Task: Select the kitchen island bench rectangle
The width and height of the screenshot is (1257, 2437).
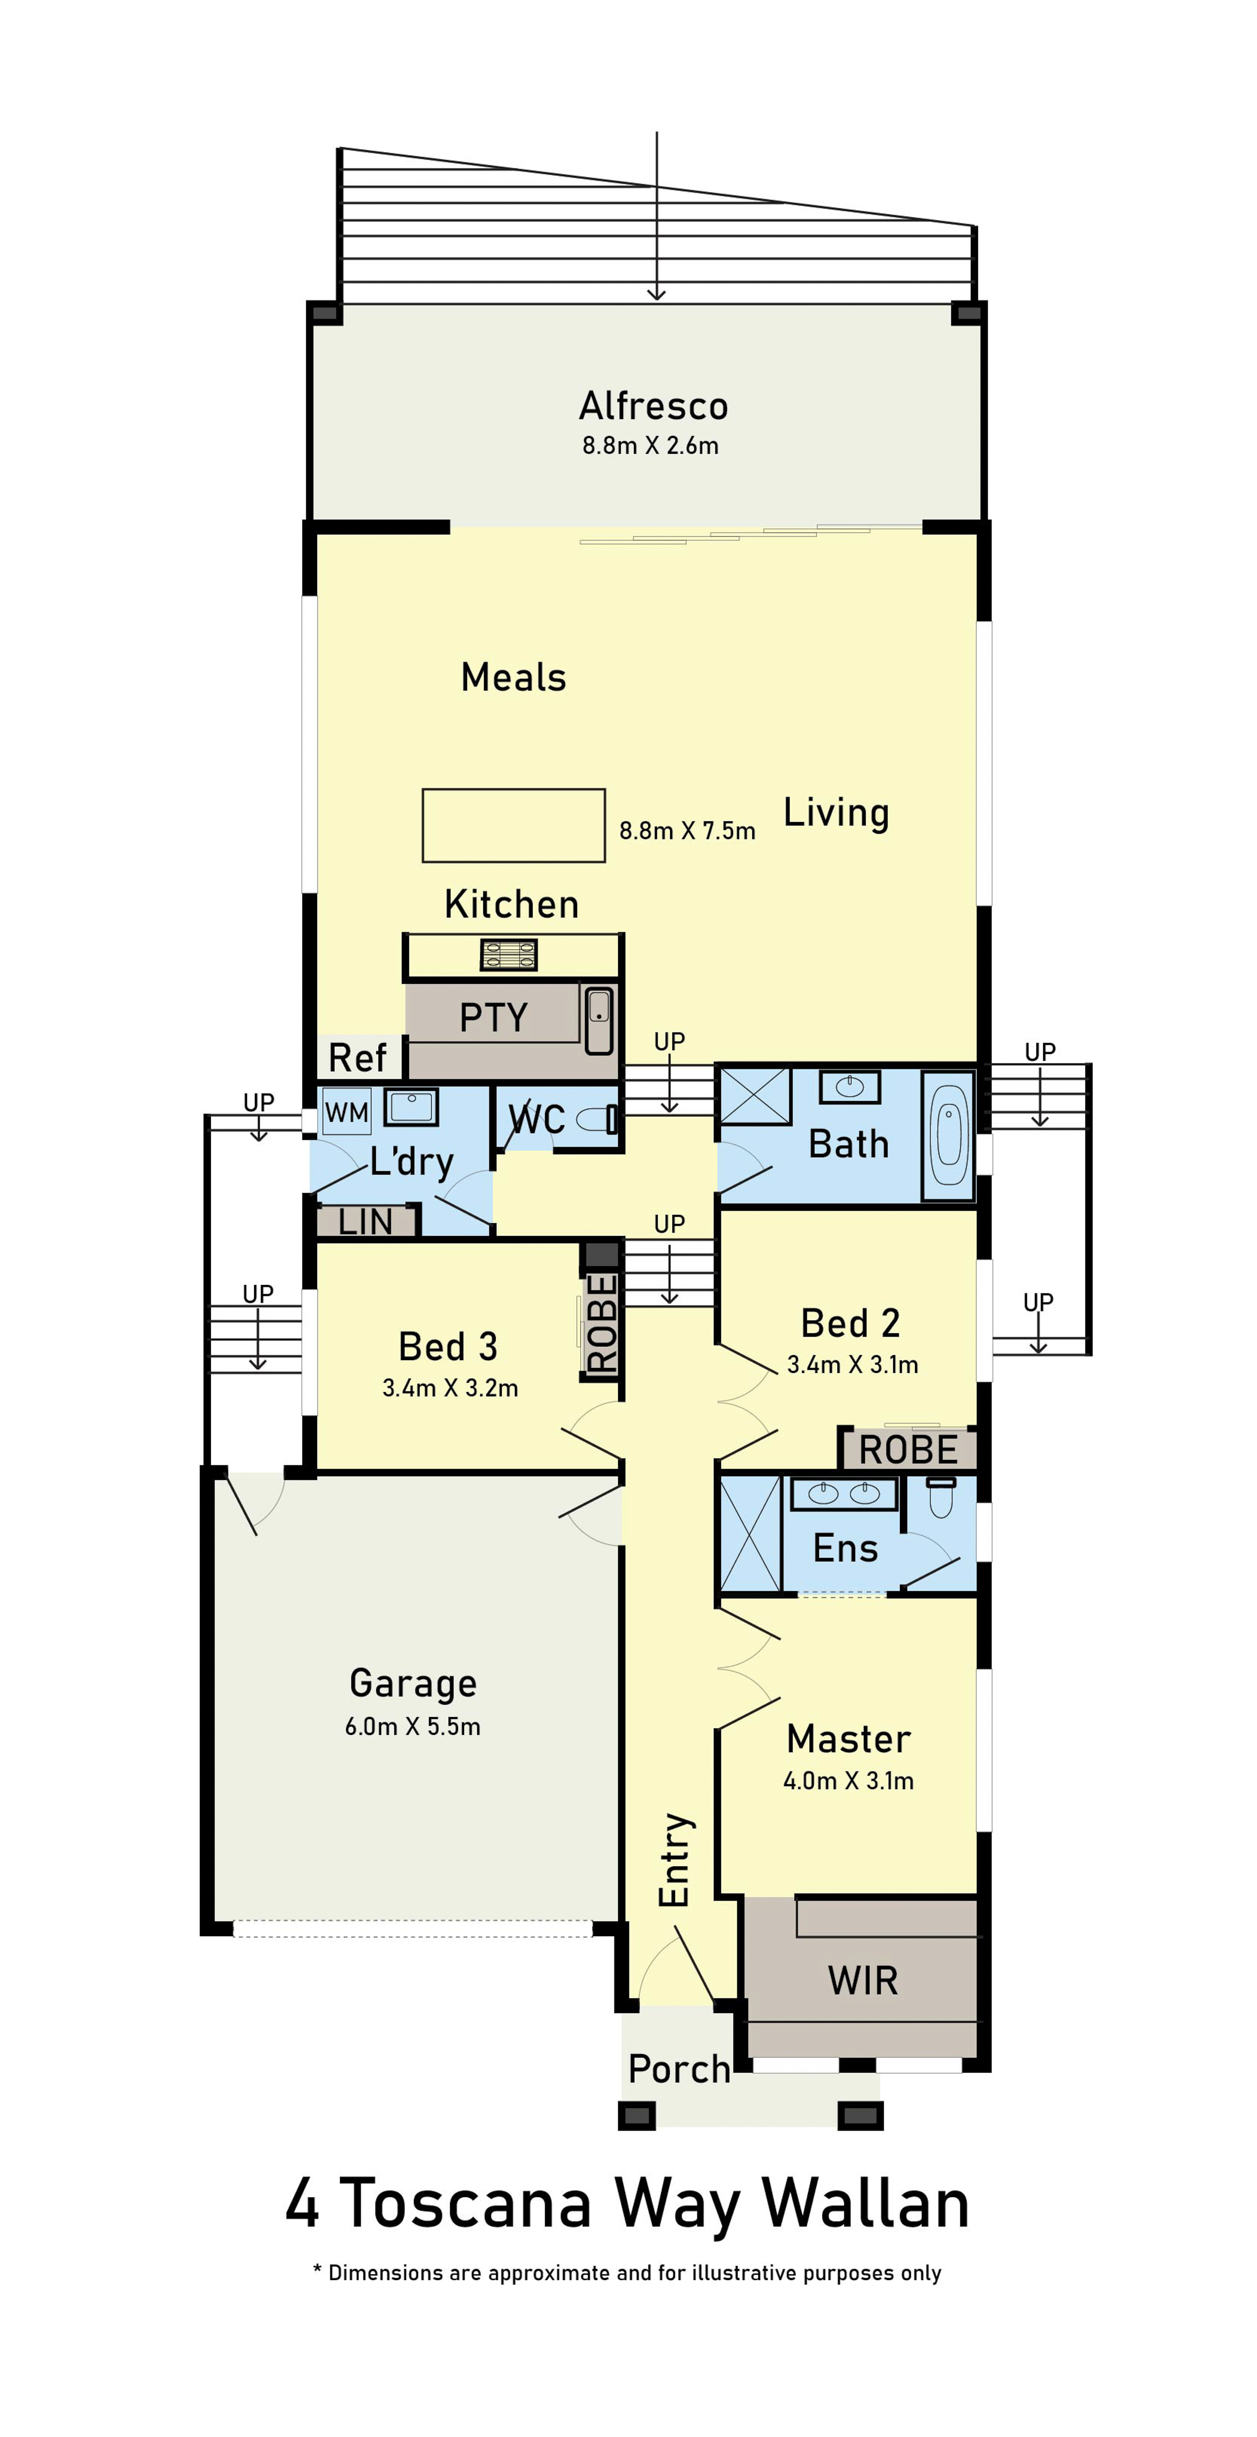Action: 514,825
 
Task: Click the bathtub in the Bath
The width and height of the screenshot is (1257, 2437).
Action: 948,1136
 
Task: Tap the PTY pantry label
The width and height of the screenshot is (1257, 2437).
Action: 493,1018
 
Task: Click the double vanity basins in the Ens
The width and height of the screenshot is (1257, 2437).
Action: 844,1493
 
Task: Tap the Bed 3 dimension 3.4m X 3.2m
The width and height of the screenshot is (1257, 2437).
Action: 450,1388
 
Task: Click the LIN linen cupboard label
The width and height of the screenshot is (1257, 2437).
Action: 365,1222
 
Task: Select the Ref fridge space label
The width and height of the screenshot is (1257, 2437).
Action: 357,1057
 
